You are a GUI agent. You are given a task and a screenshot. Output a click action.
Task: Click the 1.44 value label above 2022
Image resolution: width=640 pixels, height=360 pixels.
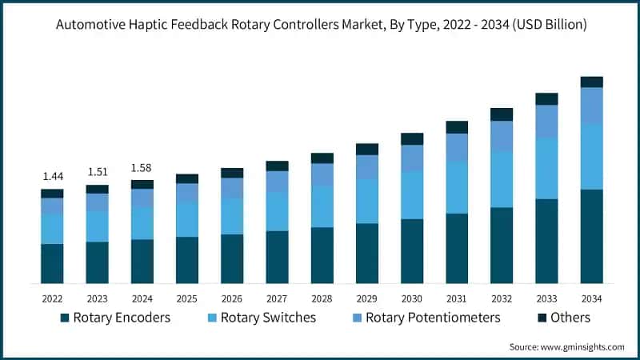click(52, 176)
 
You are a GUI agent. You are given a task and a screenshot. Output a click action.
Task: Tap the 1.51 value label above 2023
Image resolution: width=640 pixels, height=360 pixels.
click(97, 171)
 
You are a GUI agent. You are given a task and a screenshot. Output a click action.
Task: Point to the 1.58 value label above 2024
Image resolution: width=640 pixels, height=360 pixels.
click(142, 167)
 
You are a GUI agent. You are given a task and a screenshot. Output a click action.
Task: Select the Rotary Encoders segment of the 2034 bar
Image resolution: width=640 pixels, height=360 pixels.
click(591, 236)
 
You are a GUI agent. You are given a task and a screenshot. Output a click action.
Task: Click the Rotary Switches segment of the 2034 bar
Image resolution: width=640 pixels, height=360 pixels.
click(591, 157)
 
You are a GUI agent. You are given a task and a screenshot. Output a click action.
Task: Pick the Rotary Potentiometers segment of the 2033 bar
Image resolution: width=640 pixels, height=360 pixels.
click(546, 121)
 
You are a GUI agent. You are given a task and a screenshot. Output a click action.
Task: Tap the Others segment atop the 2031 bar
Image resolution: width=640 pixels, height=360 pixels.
click(457, 127)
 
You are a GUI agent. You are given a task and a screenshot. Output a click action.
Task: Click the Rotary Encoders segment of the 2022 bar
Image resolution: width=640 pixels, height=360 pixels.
click(52, 263)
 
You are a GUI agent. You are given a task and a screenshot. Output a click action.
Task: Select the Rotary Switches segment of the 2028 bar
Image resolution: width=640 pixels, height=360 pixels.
click(322, 206)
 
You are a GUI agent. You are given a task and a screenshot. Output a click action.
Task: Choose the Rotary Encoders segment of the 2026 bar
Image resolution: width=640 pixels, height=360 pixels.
click(232, 258)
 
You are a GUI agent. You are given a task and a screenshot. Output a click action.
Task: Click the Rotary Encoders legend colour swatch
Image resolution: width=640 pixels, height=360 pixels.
click(64, 318)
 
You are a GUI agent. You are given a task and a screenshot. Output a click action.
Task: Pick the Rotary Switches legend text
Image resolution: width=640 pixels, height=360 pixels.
click(268, 318)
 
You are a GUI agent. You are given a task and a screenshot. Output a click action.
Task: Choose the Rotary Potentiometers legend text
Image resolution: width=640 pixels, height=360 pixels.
click(433, 318)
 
